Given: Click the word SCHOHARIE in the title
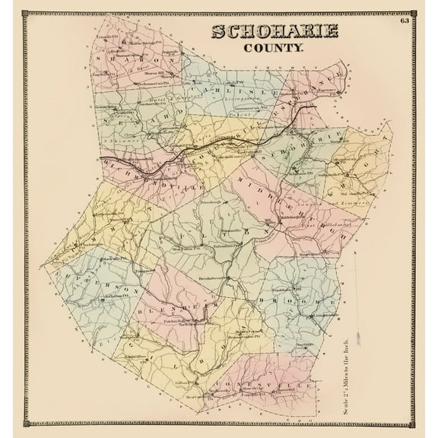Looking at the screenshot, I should click(x=275, y=32).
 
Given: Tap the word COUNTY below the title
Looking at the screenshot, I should click(x=274, y=47).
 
